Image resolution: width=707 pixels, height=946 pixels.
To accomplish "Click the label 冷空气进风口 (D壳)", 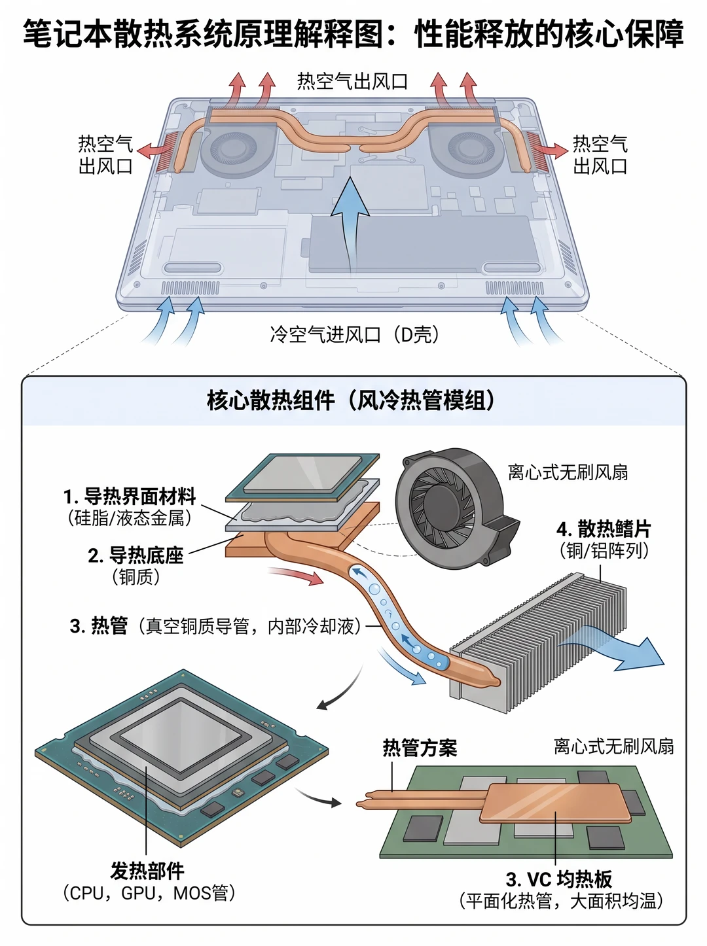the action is pos(354,334).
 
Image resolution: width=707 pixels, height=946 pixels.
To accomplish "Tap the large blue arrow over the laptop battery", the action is pos(350,224).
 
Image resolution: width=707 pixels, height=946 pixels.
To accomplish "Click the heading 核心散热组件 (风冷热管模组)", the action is pos(351,401).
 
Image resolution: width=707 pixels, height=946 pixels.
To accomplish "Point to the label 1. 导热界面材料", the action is pos(130,496).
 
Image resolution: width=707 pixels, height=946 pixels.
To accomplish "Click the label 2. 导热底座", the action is pos(136,555).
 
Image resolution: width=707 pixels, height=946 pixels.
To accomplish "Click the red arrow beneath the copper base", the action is pos(296,576).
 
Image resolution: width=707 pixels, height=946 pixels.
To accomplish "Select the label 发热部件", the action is pos(147,871).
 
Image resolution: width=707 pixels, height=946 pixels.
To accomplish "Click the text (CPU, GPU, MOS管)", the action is pos(149,893).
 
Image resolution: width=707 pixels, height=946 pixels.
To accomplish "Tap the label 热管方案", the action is pos(420,748).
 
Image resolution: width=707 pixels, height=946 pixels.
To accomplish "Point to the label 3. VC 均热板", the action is pos(559,879).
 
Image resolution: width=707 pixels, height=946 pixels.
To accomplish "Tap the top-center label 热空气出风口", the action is pos(352,82).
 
